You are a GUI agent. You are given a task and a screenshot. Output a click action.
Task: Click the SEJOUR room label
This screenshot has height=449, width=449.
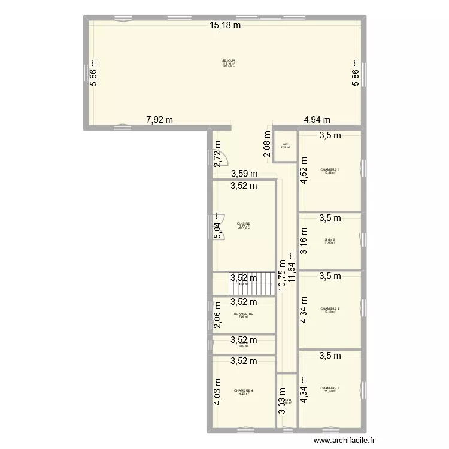click(x=229, y=60)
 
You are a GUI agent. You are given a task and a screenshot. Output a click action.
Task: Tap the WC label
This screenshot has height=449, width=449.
click(x=286, y=144)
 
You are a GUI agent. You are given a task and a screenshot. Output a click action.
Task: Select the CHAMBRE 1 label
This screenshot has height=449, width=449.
click(x=329, y=169)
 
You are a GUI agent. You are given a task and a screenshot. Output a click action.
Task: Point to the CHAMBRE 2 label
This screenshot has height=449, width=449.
click(x=329, y=308)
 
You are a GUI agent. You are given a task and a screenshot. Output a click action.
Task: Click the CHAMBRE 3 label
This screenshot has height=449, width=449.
click(x=329, y=388)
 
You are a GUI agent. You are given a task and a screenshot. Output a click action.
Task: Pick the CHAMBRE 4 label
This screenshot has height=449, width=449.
click(x=244, y=391)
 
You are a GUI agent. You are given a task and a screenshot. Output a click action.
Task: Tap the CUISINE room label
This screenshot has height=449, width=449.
click(x=243, y=224)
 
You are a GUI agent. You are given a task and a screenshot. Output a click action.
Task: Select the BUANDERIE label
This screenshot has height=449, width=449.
click(x=244, y=314)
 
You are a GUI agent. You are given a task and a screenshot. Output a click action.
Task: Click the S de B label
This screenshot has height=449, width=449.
click(x=329, y=239)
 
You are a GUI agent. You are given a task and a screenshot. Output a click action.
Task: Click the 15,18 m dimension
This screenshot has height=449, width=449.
click(x=225, y=25)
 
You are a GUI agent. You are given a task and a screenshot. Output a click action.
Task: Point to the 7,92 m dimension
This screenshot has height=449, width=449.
click(x=160, y=119)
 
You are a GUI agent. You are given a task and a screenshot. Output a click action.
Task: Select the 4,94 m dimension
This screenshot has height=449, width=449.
click(x=317, y=119)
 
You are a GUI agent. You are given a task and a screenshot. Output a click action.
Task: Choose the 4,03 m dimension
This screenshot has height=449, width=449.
click(x=218, y=392)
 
